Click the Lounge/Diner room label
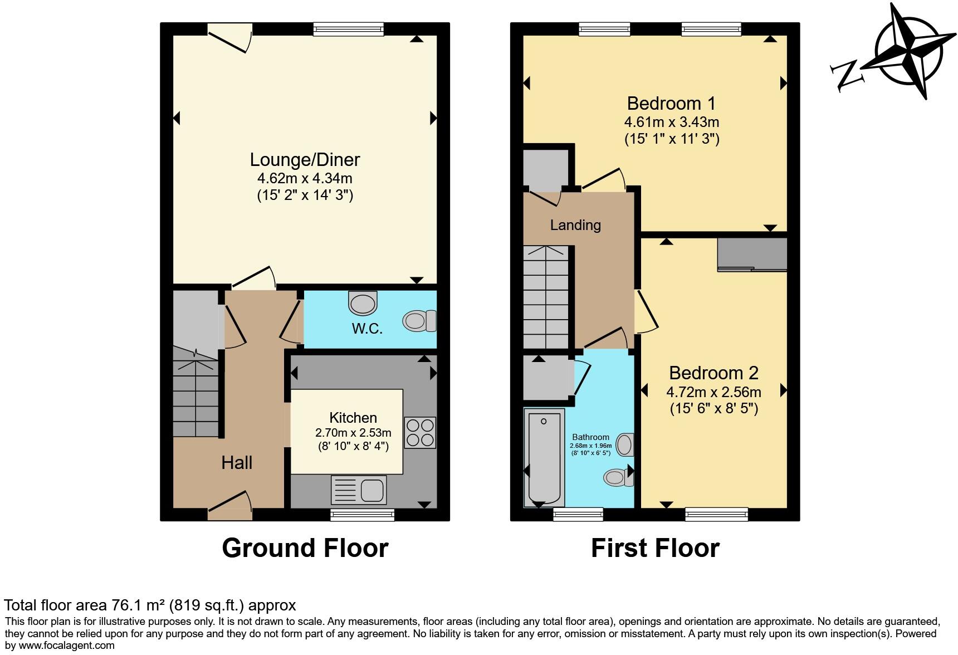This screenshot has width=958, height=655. tap(305, 160)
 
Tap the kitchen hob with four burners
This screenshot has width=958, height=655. tap(420, 433)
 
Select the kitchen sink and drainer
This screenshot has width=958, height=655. tap(359, 490)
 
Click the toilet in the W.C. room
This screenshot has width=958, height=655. tap(419, 321)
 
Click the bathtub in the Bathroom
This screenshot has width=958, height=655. tap(544, 456)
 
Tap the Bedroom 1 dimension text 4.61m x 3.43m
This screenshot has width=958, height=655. tap(672, 122)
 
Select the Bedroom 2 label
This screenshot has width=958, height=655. tap(713, 373)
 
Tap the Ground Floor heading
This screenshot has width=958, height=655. tap(305, 548)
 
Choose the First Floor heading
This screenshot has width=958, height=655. tap(655, 548)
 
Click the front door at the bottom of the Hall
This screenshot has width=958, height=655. tap(229, 507)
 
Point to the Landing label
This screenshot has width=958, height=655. tap(575, 225)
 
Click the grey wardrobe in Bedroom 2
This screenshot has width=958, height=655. tap(752, 255)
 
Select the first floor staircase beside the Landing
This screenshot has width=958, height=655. tap(546, 296)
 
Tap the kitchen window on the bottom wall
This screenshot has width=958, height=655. tap(362, 515)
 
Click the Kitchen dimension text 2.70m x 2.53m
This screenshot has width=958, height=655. tap(353, 433)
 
